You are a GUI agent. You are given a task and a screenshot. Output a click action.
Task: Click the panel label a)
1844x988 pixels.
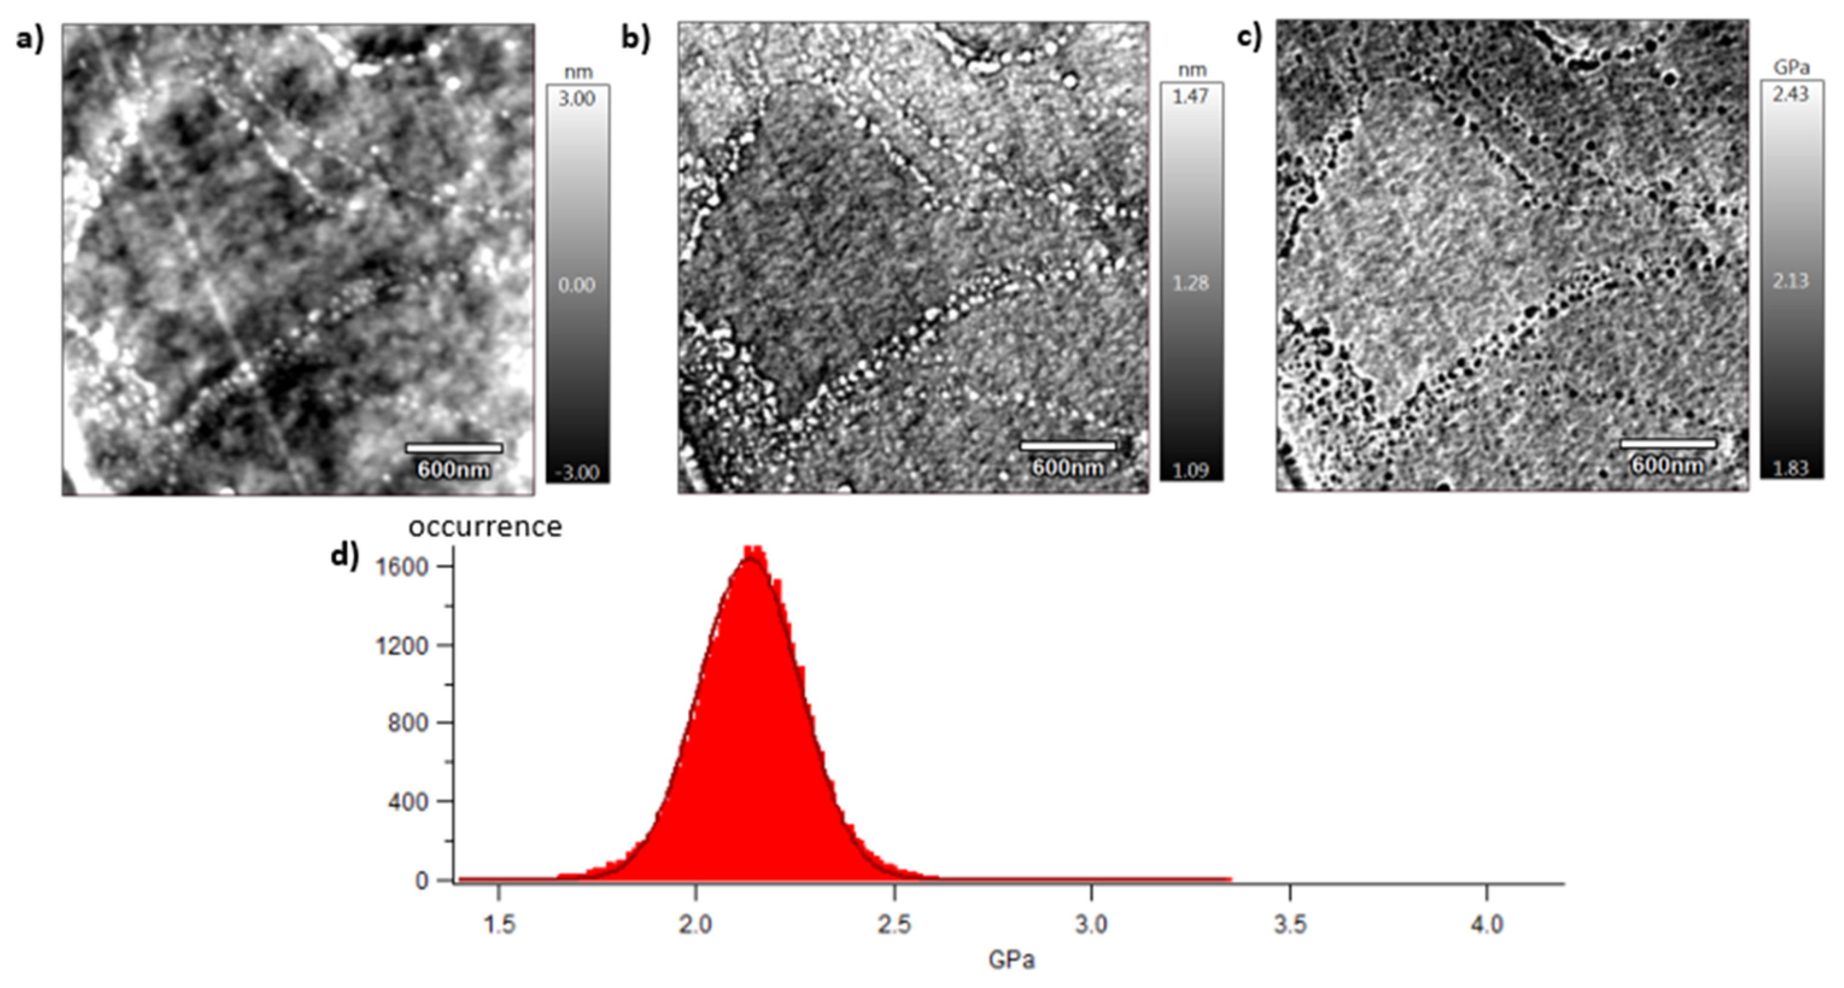30,39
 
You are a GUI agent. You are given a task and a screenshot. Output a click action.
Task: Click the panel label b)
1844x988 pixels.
636,38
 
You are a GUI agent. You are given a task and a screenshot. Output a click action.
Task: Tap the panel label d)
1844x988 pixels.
344,556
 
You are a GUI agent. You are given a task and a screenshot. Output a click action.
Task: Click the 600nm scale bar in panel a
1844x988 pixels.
454,449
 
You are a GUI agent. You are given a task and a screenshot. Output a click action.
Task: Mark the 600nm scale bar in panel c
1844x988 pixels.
1668,445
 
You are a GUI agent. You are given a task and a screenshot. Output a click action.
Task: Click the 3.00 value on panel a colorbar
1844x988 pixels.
577,98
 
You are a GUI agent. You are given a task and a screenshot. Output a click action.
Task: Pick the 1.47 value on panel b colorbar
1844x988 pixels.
1190,96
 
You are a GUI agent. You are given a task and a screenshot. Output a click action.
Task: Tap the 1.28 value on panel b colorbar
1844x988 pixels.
1190,283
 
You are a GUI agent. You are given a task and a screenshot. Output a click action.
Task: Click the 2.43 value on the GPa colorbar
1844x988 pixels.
1790,93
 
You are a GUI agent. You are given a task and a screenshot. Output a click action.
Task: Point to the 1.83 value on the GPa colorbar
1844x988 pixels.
1790,468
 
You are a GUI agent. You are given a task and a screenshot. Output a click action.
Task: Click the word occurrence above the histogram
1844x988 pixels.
485,527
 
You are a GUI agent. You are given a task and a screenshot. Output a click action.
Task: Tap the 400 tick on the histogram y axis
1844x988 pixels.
407,802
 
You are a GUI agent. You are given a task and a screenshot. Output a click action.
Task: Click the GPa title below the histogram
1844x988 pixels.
1011,960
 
